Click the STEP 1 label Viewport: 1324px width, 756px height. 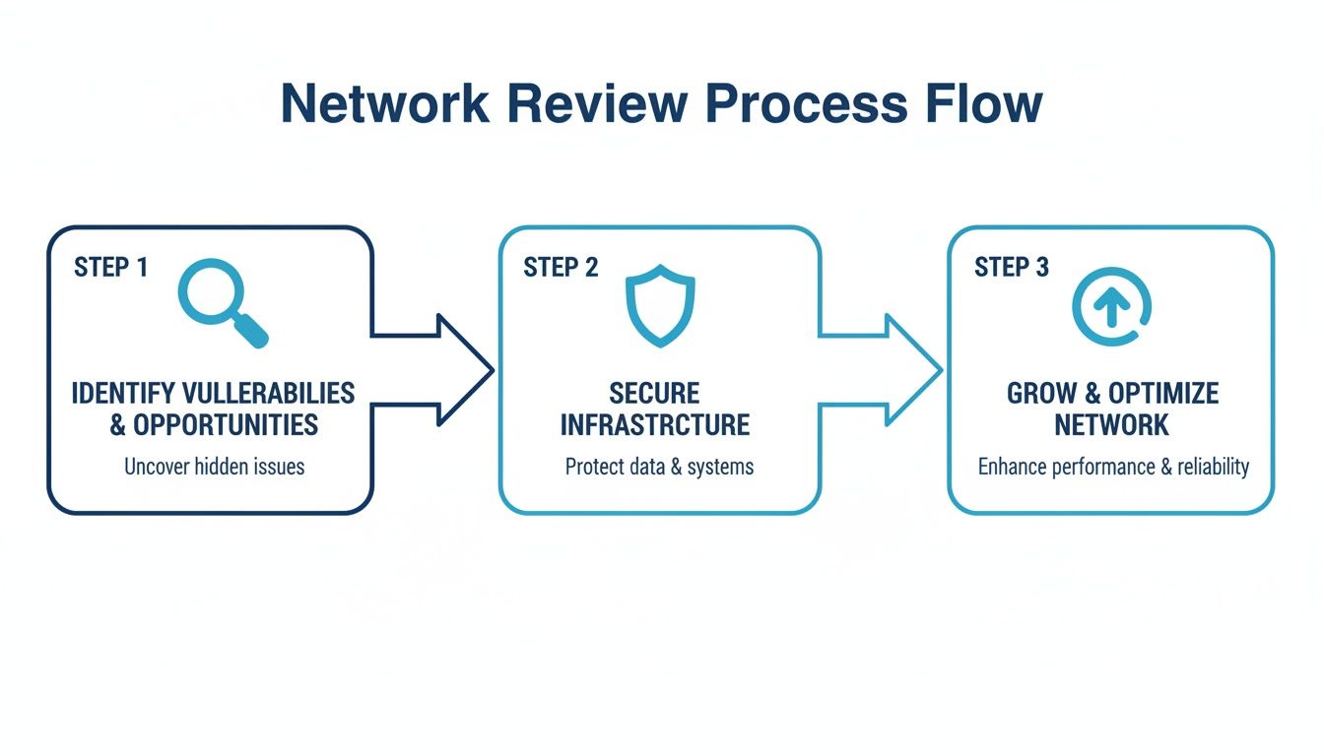tap(110, 267)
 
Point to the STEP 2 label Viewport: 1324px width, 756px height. tap(561, 267)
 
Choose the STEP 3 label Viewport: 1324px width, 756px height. tap(1012, 267)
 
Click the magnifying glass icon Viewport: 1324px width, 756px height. tap(221, 301)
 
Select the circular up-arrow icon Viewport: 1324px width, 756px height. tap(1112, 307)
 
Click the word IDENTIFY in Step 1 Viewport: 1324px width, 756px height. tap(124, 394)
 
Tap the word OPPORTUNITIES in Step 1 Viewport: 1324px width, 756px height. tap(226, 425)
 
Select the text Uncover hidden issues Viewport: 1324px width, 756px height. tap(214, 467)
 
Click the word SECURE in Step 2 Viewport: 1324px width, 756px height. tap(654, 394)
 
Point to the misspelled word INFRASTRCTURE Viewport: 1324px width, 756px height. tap(654, 425)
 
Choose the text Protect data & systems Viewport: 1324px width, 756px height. tap(659, 467)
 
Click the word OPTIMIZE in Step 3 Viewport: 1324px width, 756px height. tap(1163, 394)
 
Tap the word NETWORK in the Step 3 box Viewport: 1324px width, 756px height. tap(1111, 425)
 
